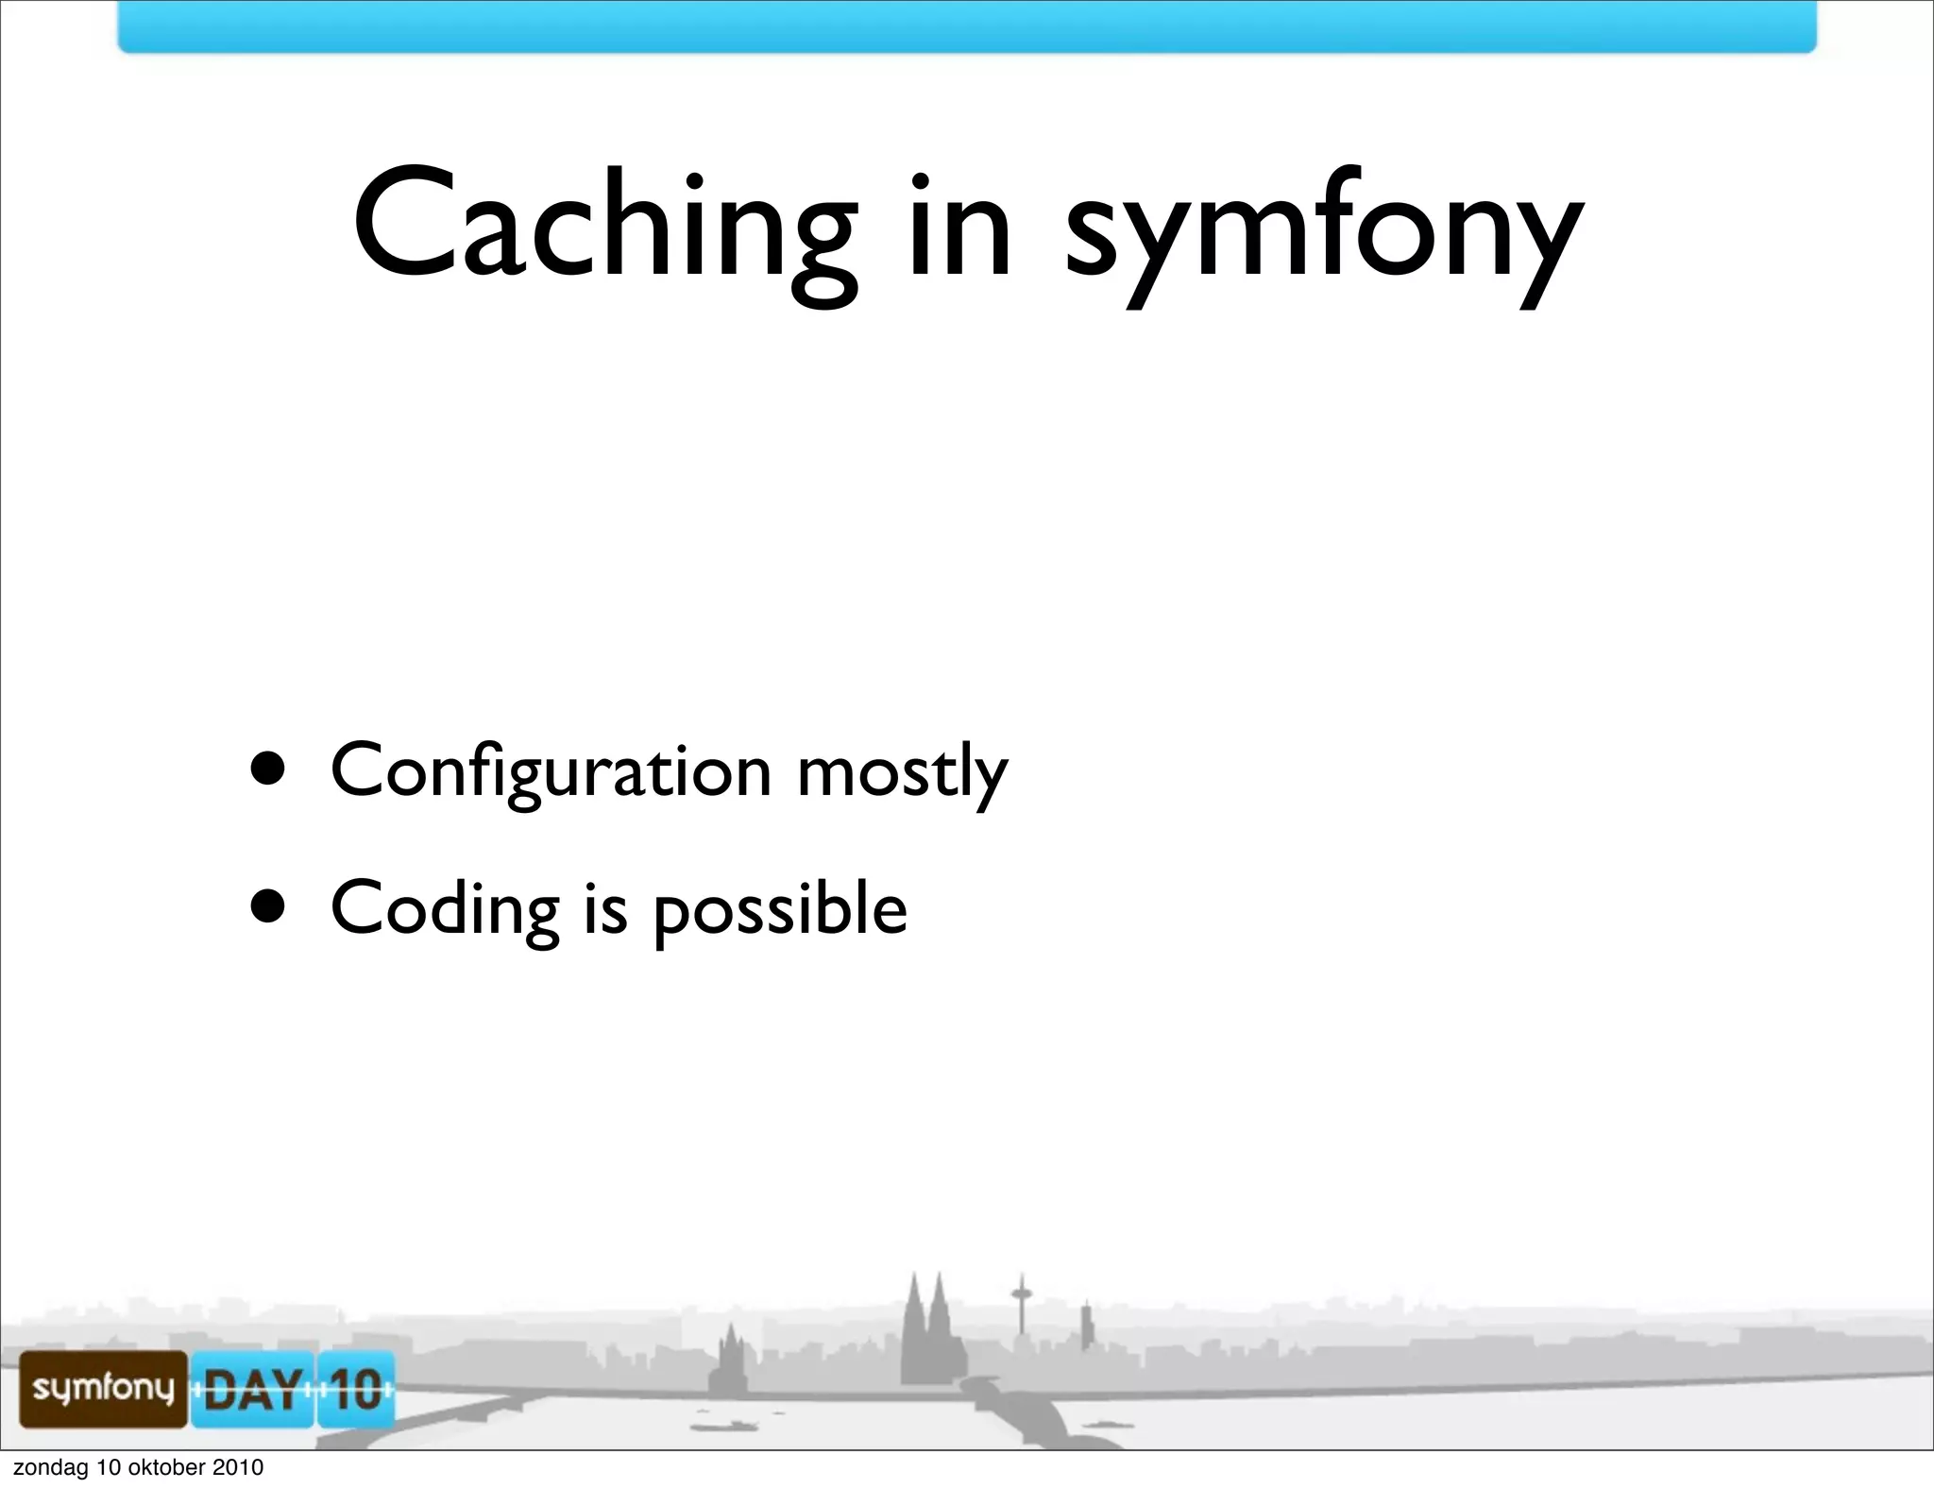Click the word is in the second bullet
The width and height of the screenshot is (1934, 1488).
coord(605,907)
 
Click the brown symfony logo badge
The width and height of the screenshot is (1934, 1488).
coord(103,1389)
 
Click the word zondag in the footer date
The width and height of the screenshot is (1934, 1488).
coord(50,1468)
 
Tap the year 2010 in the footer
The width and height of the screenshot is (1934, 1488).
coord(237,1468)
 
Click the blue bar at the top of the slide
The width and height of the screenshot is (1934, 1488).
coord(966,25)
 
